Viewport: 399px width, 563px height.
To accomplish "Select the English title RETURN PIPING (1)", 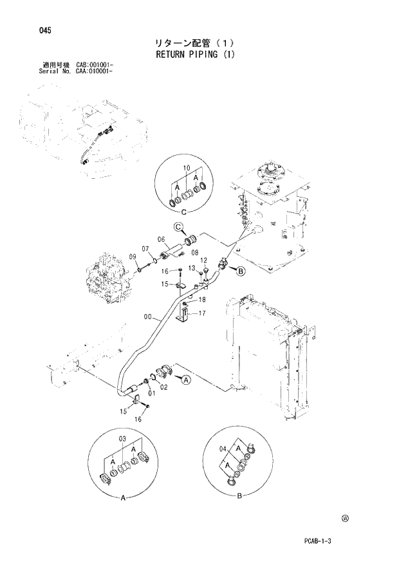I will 196,54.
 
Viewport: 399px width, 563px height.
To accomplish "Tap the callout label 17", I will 202,315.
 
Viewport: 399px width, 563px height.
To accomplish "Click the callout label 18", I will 202,300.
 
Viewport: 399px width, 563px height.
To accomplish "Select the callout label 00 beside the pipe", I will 149,317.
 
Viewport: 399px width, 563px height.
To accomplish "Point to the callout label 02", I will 164,387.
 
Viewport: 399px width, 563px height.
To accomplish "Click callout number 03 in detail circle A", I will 124,439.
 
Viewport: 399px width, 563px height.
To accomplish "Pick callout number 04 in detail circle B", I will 223,450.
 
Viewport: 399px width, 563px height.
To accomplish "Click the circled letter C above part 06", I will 180,226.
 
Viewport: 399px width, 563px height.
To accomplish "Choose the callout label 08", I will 194,253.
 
